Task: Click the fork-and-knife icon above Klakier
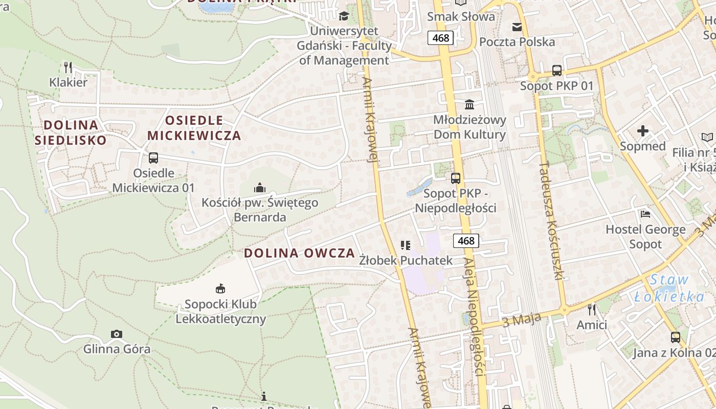(68, 67)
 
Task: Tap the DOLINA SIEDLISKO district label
(71, 132)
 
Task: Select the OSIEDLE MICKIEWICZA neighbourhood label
(194, 128)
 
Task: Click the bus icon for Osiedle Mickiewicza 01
(153, 158)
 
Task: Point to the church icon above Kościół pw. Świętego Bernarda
(260, 188)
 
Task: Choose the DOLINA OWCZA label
(299, 253)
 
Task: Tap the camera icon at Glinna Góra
(117, 334)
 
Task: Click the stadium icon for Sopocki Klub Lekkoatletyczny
(220, 289)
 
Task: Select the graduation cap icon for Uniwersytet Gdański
(344, 16)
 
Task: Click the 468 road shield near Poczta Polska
(440, 38)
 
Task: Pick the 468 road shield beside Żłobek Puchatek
(466, 240)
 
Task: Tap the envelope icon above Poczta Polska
(517, 27)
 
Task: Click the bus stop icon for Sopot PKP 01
(556, 71)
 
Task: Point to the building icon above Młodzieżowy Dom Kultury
(469, 105)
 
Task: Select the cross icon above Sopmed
(643, 131)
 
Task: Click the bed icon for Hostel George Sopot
(645, 214)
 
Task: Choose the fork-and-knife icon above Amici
(592, 309)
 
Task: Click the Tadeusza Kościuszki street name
(551, 221)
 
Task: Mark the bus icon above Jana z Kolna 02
(675, 337)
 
